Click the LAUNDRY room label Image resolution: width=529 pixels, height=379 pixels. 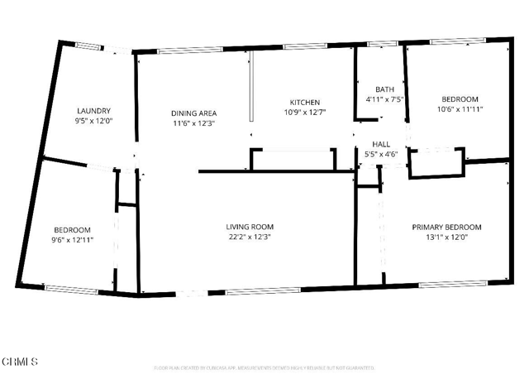[x=93, y=111]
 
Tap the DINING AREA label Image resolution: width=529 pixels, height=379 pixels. [x=193, y=113]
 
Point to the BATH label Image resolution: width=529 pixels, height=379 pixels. [x=384, y=89]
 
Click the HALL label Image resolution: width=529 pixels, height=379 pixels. [x=380, y=143]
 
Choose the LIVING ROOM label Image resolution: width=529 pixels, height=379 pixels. [x=250, y=227]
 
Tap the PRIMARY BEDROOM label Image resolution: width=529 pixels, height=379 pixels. [x=446, y=227]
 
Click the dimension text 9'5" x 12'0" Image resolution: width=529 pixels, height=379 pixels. [x=93, y=121]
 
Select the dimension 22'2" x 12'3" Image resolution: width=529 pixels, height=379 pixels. [x=250, y=237]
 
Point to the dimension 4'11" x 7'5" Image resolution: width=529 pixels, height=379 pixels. [x=384, y=99]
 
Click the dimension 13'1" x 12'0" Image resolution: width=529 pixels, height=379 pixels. [x=446, y=237]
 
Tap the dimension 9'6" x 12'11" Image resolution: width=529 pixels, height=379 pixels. [x=72, y=240]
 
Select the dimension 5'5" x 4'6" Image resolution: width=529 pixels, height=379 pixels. [x=380, y=153]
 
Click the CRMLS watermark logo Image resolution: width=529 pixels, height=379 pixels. [x=20, y=362]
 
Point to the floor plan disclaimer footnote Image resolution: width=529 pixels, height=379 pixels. [x=264, y=367]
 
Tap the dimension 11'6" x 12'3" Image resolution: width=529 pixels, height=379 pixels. [x=193, y=123]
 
